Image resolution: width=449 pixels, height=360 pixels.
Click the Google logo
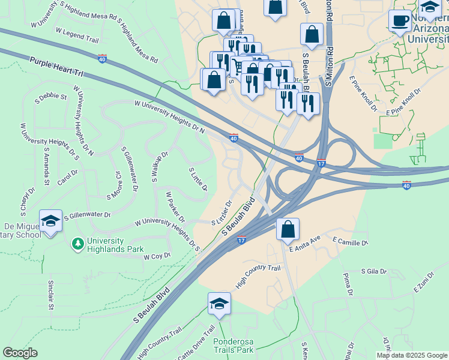coord(20,353)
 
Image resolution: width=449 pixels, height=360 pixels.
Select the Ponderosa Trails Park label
coord(234,346)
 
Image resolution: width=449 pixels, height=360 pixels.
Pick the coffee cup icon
coord(400,21)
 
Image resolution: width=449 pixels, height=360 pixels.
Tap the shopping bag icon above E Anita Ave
coord(288,229)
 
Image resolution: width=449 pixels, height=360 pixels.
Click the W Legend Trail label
coord(77,35)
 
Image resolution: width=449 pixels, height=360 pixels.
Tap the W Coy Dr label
coord(157,256)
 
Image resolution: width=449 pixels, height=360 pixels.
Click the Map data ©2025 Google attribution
coord(412,355)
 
